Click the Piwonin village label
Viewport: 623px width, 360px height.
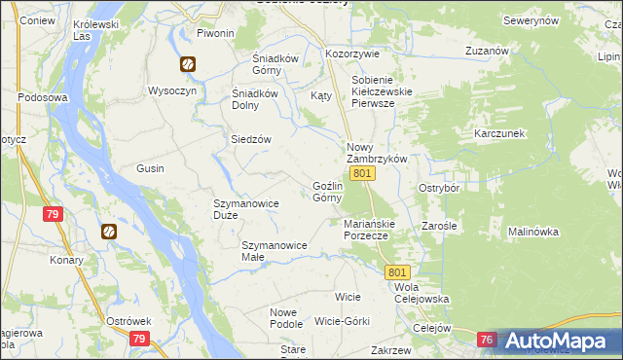pos(216,33)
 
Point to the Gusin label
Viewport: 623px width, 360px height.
pos(150,168)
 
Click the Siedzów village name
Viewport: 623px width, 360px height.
pos(250,138)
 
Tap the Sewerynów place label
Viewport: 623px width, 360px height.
pos(531,20)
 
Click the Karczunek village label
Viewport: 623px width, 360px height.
pos(499,132)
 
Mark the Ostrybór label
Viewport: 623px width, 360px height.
pos(438,187)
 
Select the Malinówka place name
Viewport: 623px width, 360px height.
pos(532,232)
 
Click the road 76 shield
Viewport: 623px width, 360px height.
pos(488,340)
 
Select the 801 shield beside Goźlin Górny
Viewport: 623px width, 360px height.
pos(362,173)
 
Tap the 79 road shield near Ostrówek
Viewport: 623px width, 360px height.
pos(139,339)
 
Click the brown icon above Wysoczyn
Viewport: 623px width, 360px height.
pos(186,64)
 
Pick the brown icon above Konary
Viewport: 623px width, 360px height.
pos(110,232)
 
